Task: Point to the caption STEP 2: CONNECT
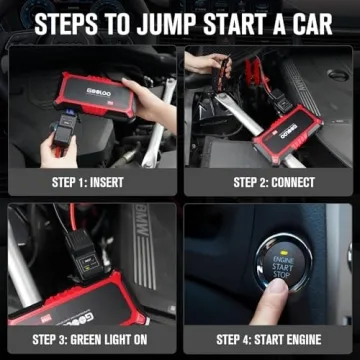coord(273,182)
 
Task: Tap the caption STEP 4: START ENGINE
coord(273,338)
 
